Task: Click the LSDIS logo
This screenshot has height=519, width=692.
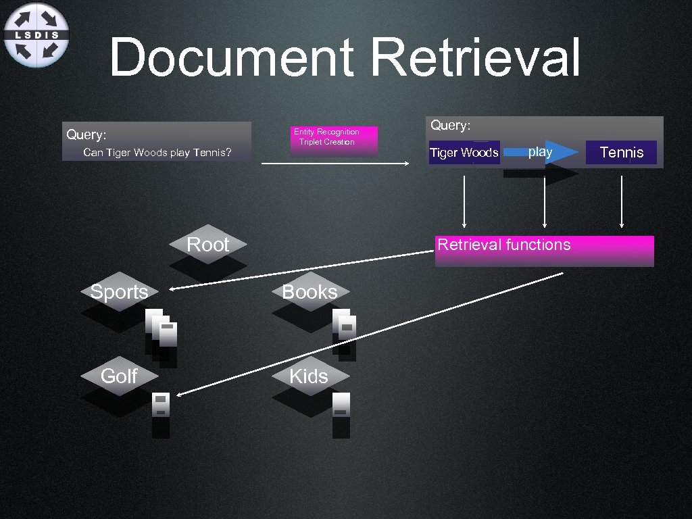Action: click(36, 34)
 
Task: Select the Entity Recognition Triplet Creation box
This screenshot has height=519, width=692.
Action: click(334, 138)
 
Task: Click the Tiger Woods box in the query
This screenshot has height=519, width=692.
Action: click(464, 153)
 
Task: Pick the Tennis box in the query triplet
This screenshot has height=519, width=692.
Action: click(621, 152)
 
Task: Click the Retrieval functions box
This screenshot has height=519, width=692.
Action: click(544, 249)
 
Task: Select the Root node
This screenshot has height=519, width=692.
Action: click(207, 244)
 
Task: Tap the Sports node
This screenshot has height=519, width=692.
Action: click(119, 292)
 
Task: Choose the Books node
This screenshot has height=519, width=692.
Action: click(310, 292)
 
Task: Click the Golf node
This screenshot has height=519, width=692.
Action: click(119, 376)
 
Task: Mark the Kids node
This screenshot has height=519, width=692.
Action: click(309, 376)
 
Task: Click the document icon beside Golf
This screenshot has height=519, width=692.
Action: click(160, 404)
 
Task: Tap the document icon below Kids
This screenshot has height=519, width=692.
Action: click(341, 405)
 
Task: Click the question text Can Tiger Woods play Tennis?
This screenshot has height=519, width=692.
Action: click(157, 153)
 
